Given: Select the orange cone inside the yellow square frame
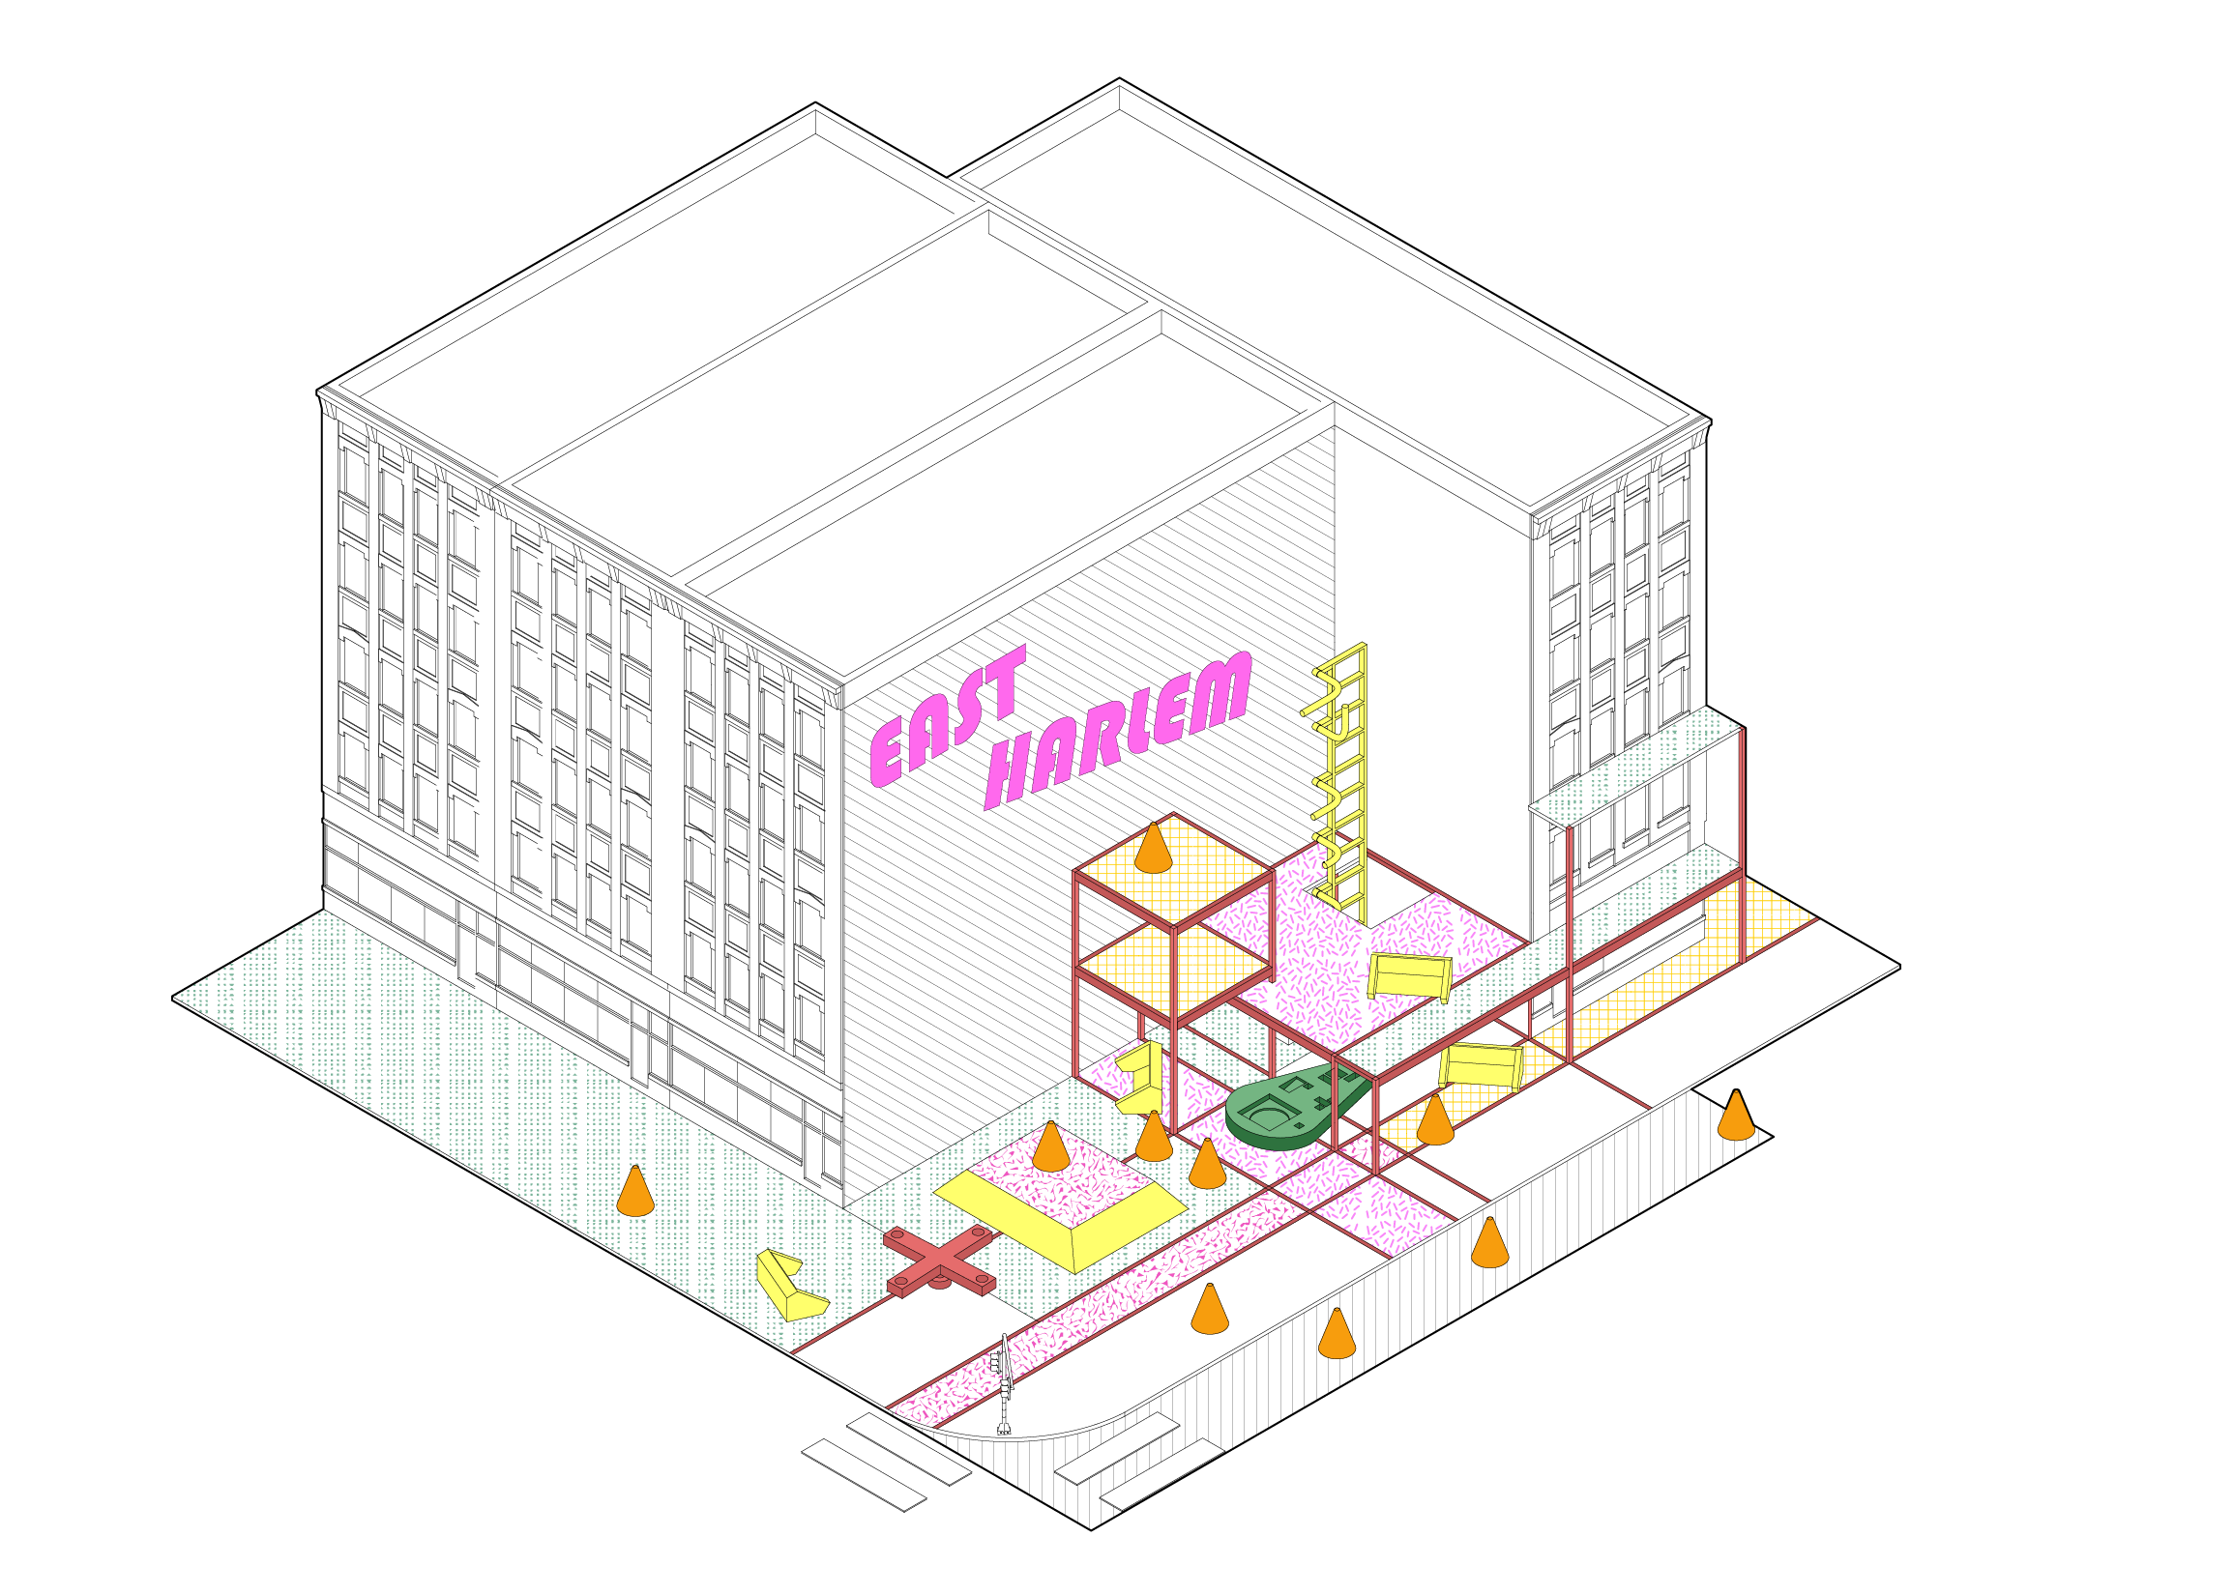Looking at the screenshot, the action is (1050, 1146).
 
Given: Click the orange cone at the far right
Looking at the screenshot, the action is (1735, 1115).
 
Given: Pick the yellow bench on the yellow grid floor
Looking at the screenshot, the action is (1481, 1064).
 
